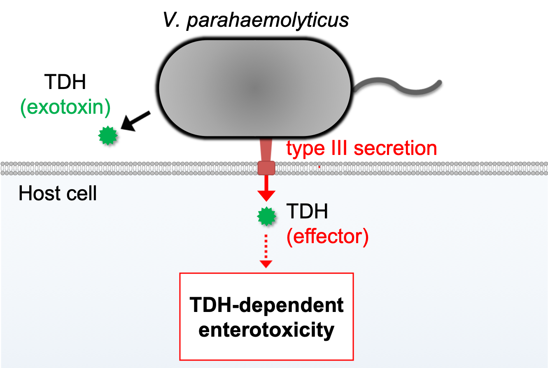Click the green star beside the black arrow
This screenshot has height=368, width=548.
pyautogui.click(x=108, y=136)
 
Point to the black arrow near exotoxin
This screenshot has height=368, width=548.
pyautogui.click(x=135, y=121)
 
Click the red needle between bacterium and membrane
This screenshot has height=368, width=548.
pyautogui.click(x=266, y=149)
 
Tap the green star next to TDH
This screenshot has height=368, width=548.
pyautogui.click(x=266, y=216)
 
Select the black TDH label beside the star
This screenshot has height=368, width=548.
pyautogui.click(x=307, y=213)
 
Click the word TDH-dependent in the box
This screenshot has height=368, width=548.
pyautogui.click(x=266, y=305)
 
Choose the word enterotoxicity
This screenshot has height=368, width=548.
pyautogui.click(x=266, y=330)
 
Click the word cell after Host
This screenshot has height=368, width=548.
pyautogui.click(x=82, y=193)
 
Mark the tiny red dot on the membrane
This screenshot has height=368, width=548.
pyautogui.click(x=319, y=166)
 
